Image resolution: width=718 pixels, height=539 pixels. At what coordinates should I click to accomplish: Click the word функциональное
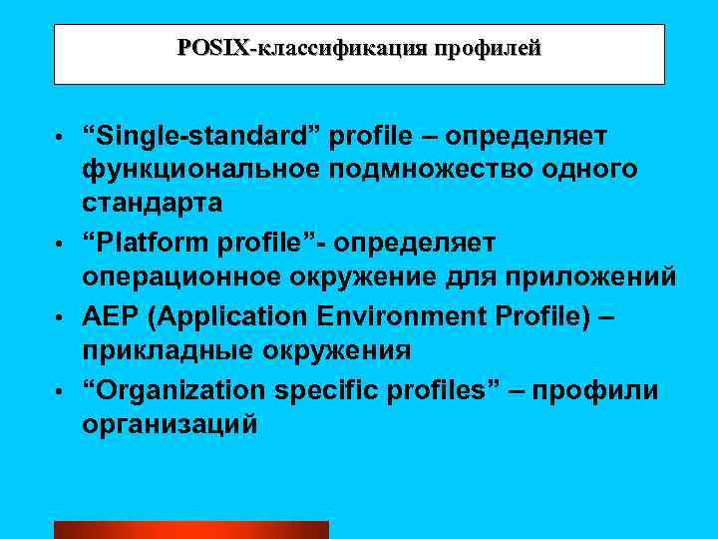[199, 169]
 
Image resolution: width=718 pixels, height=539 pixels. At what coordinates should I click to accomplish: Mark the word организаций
[170, 424]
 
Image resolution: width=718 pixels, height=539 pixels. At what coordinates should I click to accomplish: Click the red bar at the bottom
[190, 529]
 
